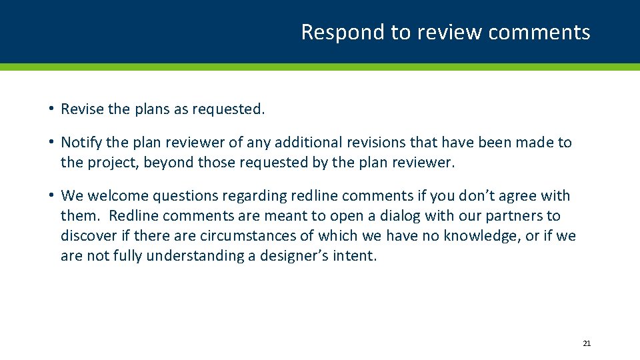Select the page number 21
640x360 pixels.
pos(587,343)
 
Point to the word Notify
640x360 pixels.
pos(81,143)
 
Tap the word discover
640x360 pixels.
pos(87,236)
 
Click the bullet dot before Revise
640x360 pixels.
pos(51,109)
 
